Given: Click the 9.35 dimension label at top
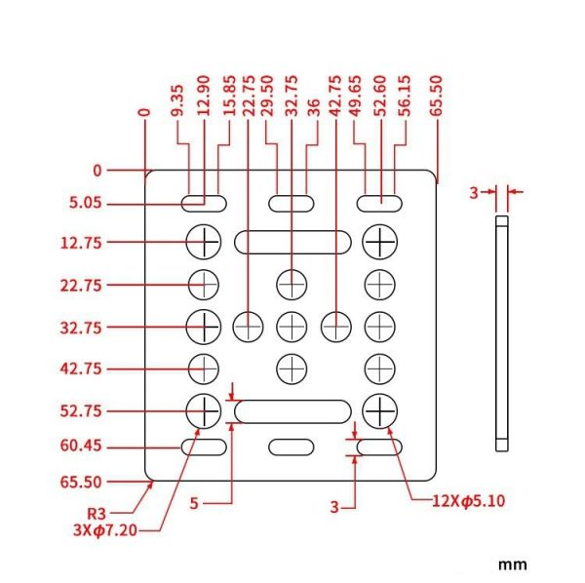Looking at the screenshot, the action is click(x=178, y=100).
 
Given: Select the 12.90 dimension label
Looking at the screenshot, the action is click(x=204, y=96).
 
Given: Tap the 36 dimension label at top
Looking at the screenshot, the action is click(x=315, y=107).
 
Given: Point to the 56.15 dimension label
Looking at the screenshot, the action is click(x=405, y=96).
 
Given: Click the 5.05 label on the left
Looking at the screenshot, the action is click(x=86, y=203).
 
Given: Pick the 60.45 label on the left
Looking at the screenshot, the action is click(x=81, y=446).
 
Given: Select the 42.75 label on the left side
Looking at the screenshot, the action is click(x=81, y=369).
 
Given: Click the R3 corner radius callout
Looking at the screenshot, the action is click(x=97, y=514).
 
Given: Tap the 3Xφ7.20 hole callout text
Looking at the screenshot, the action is click(x=105, y=529).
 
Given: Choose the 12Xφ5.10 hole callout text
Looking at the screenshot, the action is click(x=469, y=500).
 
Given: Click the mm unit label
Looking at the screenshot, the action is click(x=513, y=564).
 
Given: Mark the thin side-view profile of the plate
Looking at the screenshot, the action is click(x=502, y=333).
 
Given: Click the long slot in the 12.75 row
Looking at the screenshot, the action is click(x=292, y=242).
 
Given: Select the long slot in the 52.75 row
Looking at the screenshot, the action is click(x=292, y=411).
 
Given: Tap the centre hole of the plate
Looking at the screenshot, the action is click(x=292, y=327).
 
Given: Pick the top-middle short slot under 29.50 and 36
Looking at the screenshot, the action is click(x=292, y=204).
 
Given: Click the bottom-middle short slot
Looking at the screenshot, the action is click(x=292, y=447).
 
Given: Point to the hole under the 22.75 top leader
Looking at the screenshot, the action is click(x=248, y=327).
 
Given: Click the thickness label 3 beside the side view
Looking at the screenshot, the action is click(x=474, y=193).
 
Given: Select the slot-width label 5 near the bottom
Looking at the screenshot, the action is click(x=194, y=504).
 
